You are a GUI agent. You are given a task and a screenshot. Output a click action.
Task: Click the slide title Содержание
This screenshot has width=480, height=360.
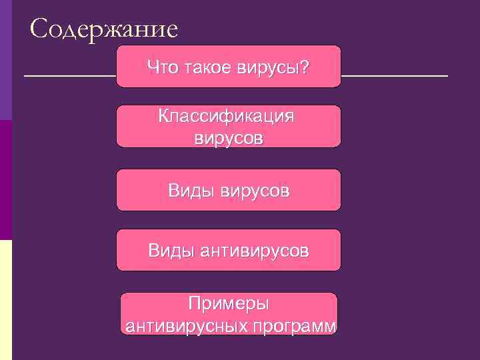(104, 29)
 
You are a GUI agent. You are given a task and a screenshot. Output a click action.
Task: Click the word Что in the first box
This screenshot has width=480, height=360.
(161, 67)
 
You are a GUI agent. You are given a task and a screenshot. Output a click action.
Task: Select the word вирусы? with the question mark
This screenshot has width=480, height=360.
(273, 67)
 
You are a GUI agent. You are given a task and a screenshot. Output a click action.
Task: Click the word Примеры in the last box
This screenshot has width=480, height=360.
(228, 304)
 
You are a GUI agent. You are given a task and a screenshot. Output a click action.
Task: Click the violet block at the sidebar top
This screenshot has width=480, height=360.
(5, 60)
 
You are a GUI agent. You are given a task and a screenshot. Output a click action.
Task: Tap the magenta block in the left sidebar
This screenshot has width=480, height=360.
(5, 180)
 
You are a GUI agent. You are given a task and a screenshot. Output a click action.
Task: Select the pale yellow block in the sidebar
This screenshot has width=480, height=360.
(5, 300)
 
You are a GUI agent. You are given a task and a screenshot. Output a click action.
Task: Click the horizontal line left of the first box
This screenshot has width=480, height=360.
(70, 76)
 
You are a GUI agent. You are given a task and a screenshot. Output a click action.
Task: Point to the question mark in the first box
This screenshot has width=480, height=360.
(305, 67)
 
